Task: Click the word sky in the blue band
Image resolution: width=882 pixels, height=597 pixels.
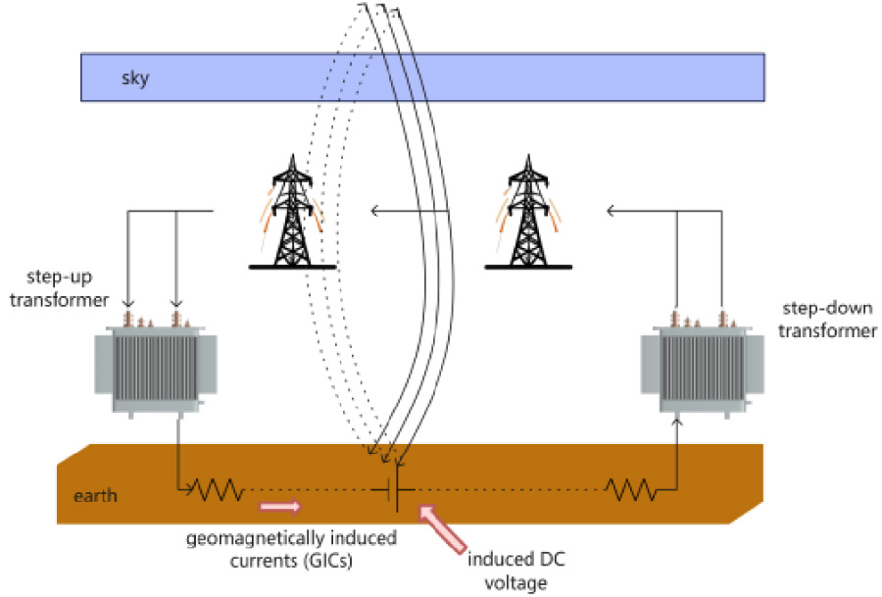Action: (135, 78)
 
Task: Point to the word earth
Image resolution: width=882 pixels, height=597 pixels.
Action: (96, 495)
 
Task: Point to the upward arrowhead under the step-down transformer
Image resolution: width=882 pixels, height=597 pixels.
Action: (677, 423)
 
